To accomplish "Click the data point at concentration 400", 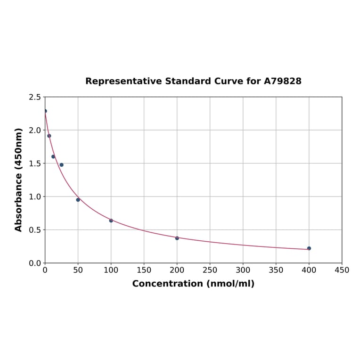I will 309,248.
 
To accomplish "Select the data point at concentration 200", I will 177,238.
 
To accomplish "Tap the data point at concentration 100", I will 111,221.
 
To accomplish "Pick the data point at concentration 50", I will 78,200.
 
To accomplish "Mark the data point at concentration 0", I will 45,111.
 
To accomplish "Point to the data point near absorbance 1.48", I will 61,165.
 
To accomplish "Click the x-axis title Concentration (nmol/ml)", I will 193,284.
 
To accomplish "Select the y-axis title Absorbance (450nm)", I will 19,180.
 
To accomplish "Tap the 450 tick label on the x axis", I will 342,270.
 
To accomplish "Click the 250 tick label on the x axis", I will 210,270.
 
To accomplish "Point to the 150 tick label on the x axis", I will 144,270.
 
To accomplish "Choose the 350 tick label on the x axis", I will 276,270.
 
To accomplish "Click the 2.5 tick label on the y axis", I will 34,97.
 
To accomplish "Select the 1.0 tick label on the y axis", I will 34,196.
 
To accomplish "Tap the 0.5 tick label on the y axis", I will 34,230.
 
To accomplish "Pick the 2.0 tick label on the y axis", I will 34,130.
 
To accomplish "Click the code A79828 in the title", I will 283,81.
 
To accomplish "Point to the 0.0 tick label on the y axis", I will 34,263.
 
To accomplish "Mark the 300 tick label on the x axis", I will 243,270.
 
